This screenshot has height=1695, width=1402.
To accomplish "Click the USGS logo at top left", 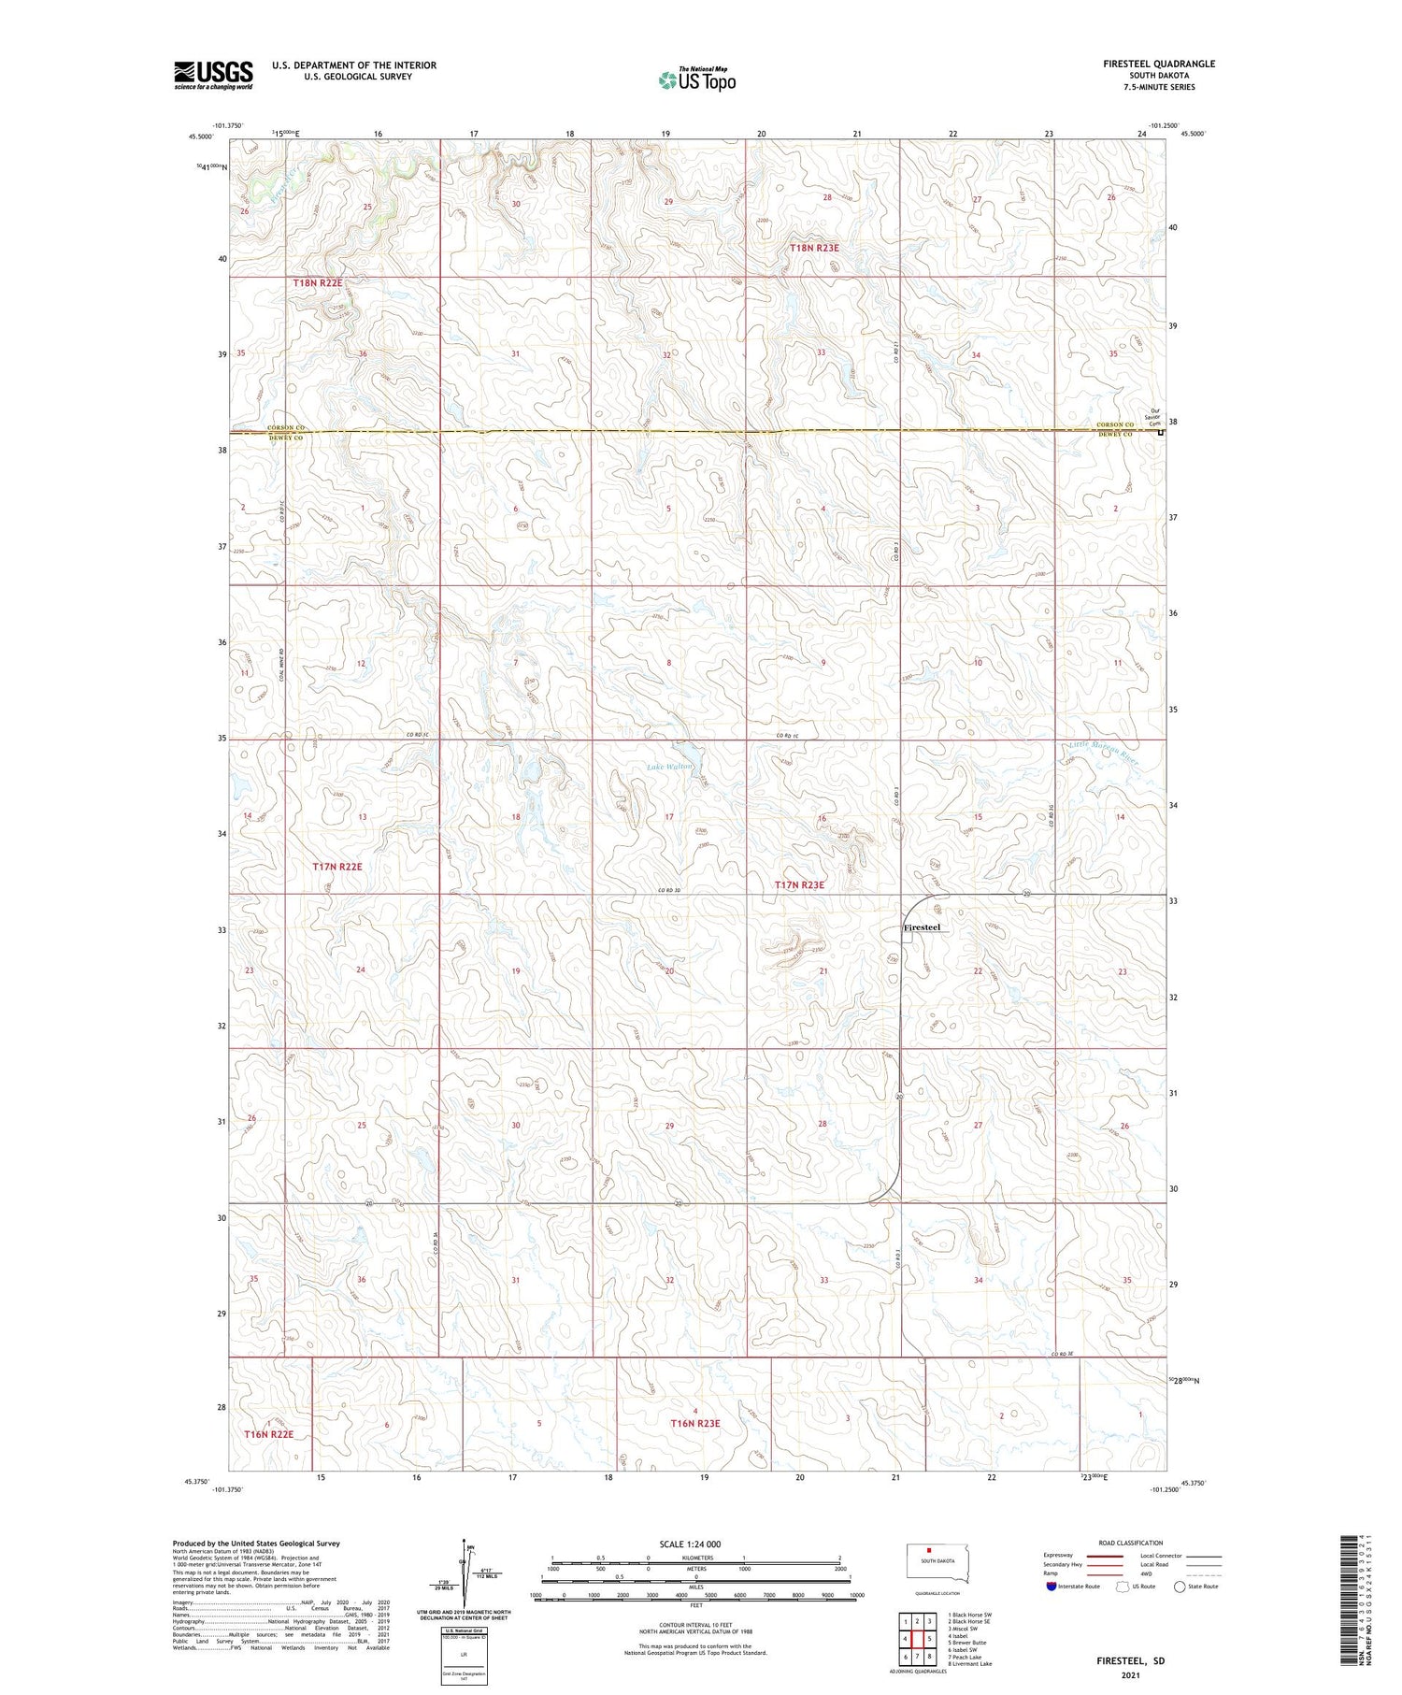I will click(213, 75).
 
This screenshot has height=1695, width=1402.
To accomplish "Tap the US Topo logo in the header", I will click(696, 80).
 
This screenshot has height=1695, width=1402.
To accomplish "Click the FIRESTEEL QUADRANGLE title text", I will click(1158, 64).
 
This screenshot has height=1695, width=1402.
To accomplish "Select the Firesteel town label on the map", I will click(922, 927).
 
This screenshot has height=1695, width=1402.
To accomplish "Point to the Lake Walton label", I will click(670, 767).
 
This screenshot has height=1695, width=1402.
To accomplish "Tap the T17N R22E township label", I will click(336, 867).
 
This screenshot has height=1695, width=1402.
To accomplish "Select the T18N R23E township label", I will click(814, 248).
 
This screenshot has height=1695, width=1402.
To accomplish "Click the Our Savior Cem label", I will click(1155, 417).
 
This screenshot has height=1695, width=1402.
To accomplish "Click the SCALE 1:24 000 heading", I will click(690, 1544).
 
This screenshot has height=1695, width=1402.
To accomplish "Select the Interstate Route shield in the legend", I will click(1051, 1587).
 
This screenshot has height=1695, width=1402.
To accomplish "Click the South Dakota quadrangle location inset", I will click(939, 1564).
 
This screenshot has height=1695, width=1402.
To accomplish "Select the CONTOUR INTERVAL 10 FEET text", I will click(695, 1625).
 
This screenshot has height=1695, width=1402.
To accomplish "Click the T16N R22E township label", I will click(269, 1434).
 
